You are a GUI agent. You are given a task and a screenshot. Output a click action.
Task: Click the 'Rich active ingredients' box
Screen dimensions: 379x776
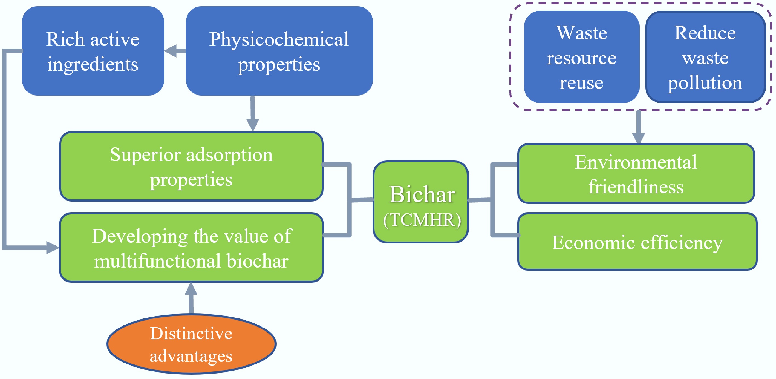pos(93,51)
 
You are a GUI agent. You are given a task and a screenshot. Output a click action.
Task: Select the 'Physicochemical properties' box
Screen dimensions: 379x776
pos(279,51)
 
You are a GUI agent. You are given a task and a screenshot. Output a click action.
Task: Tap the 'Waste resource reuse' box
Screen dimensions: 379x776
pos(581,57)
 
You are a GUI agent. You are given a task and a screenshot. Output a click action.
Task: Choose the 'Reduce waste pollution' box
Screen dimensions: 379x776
pos(705,57)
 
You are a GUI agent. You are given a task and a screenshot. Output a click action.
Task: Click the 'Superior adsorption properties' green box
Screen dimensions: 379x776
pos(191,166)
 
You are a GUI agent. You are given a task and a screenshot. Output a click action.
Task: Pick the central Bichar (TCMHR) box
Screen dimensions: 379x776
pos(421,202)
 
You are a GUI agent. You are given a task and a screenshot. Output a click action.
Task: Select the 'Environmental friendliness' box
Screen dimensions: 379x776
pos(636,174)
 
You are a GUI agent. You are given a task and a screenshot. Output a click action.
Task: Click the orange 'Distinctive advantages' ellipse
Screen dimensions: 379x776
pos(191,344)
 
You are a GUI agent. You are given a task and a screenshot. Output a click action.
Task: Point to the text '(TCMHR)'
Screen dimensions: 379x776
pos(422,220)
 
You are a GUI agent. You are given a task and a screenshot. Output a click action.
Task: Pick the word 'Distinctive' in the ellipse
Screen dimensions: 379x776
pos(191,333)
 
